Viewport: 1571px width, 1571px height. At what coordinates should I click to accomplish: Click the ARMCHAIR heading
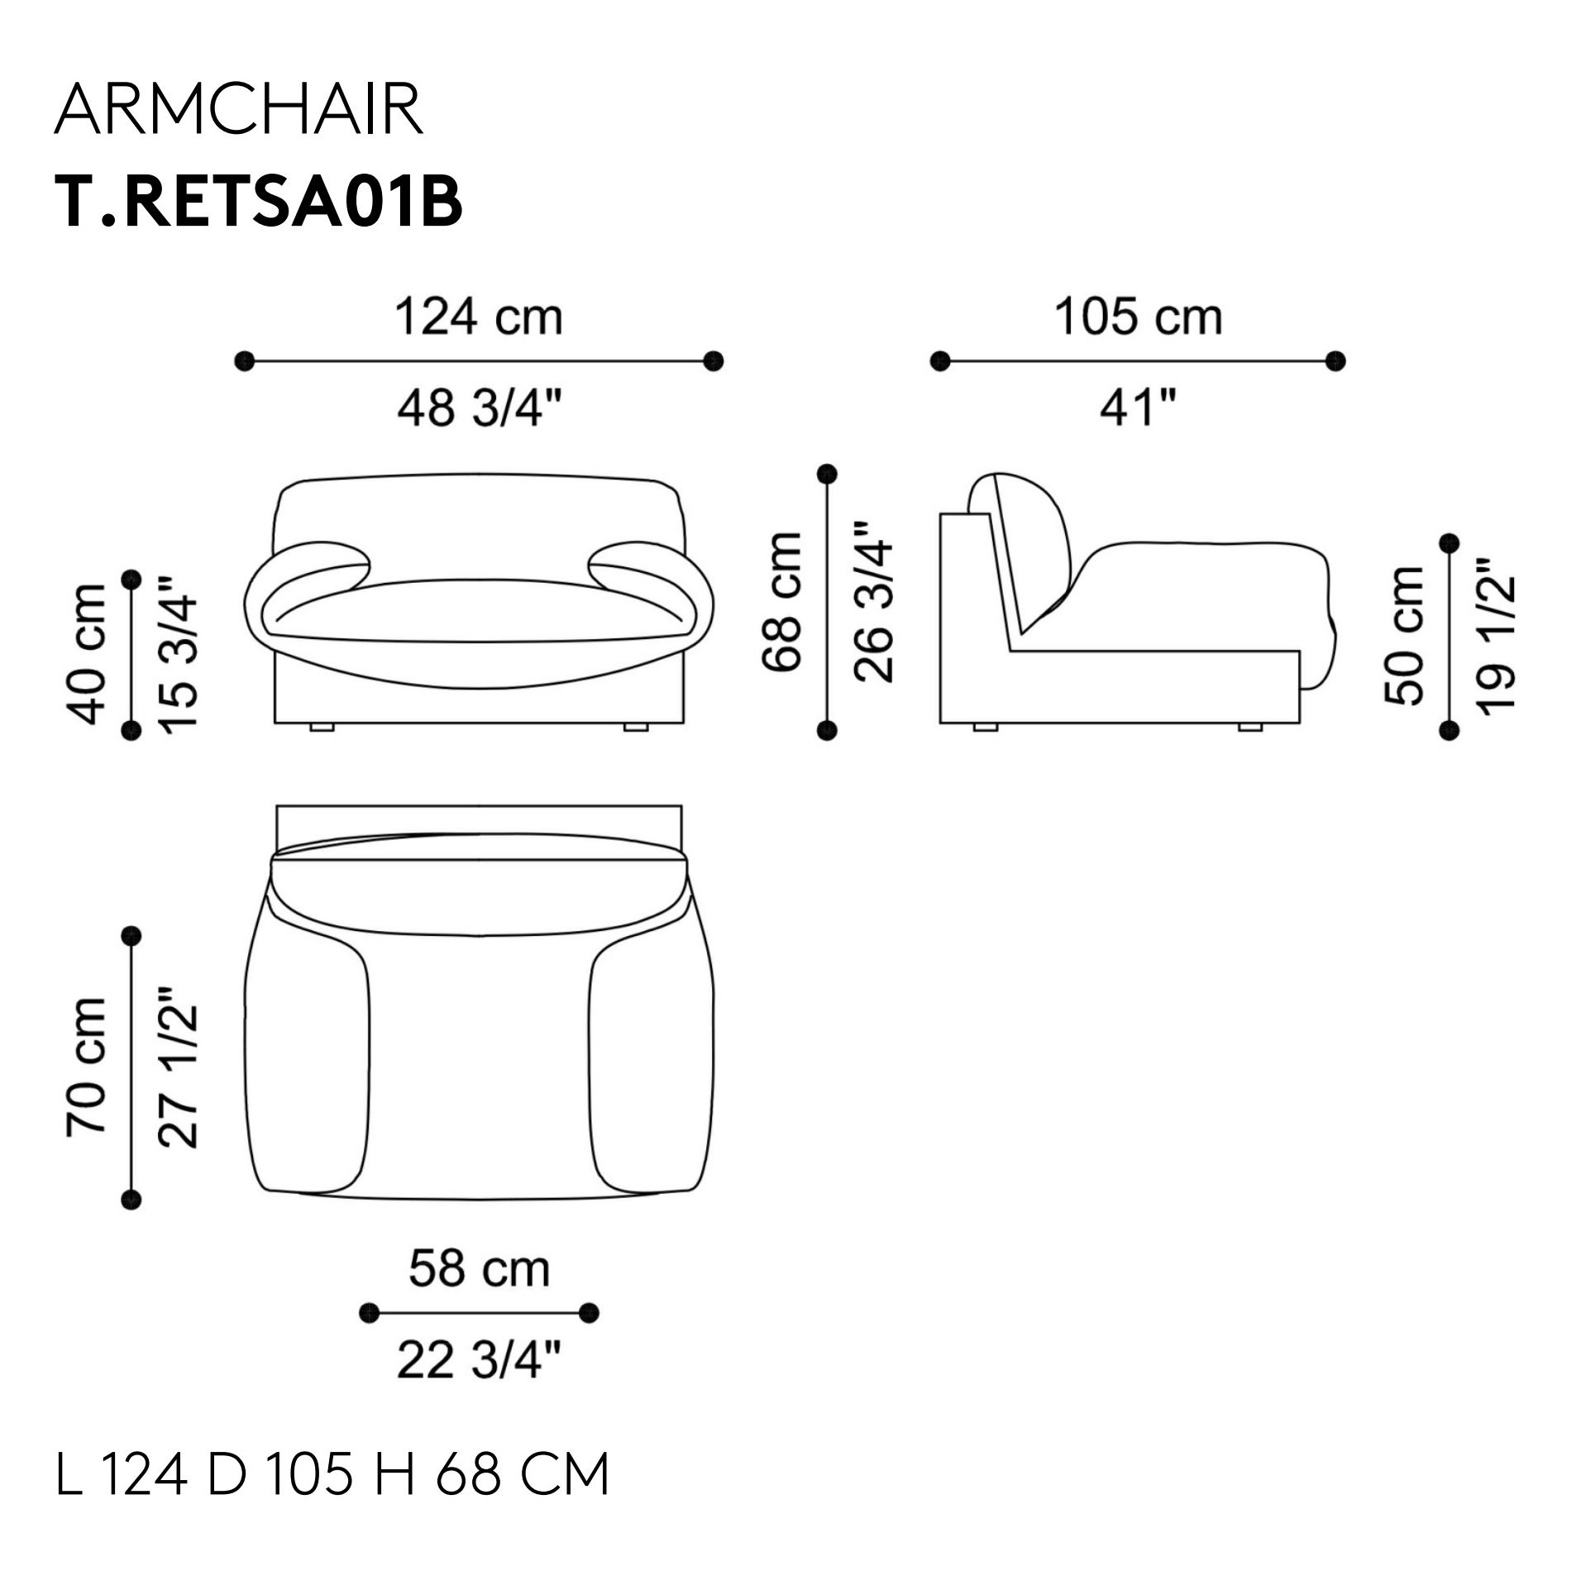click(x=239, y=111)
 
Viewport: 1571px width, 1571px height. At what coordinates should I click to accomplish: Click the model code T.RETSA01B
click(x=258, y=202)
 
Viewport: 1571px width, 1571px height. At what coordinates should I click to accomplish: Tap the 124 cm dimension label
click(x=479, y=318)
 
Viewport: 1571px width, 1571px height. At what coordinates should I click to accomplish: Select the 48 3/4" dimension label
click(x=480, y=408)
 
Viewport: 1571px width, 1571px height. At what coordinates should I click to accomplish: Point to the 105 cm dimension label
click(x=1138, y=318)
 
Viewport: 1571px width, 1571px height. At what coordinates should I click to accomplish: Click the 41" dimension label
click(x=1138, y=408)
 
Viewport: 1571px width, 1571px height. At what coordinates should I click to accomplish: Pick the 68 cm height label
click(x=782, y=602)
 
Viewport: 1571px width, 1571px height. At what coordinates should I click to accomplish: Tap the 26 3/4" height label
click(x=874, y=602)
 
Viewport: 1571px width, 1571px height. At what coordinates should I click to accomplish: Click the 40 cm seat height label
click(x=87, y=653)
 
